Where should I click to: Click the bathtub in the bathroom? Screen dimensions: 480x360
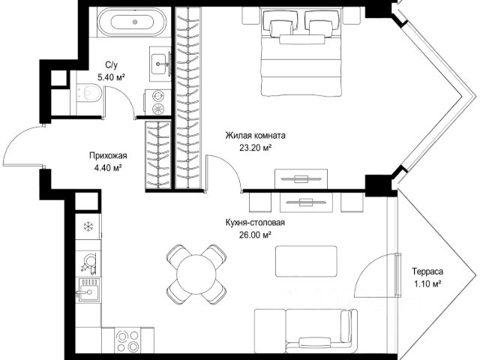pyautogui.click(x=132, y=22)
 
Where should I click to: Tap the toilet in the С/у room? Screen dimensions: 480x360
pyautogui.click(x=88, y=92)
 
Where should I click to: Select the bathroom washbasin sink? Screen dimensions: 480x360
pyautogui.click(x=160, y=64)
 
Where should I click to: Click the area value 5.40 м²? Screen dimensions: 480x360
pyautogui.click(x=111, y=77)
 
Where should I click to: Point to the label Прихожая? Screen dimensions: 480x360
pyautogui.click(x=108, y=156)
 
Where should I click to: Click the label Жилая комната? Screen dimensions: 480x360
pyautogui.click(x=255, y=135)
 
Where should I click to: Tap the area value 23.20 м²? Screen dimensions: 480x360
pyautogui.click(x=256, y=148)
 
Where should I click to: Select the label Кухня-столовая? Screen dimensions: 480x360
pyautogui.click(x=255, y=223)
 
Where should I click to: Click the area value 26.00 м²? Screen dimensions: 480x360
pyautogui.click(x=255, y=235)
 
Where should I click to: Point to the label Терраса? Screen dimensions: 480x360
pyautogui.click(x=427, y=271)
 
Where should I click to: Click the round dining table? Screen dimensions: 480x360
pyautogui.click(x=196, y=274)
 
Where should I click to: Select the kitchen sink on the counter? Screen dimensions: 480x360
pyautogui.click(x=89, y=290)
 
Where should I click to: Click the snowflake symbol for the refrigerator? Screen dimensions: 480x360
pyautogui.click(x=88, y=226)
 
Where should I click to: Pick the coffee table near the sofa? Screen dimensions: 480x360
pyautogui.click(x=306, y=261)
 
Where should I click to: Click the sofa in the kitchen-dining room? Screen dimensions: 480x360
pyautogui.click(x=306, y=331)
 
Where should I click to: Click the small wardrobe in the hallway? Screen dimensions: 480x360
pyautogui.click(x=158, y=154)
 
